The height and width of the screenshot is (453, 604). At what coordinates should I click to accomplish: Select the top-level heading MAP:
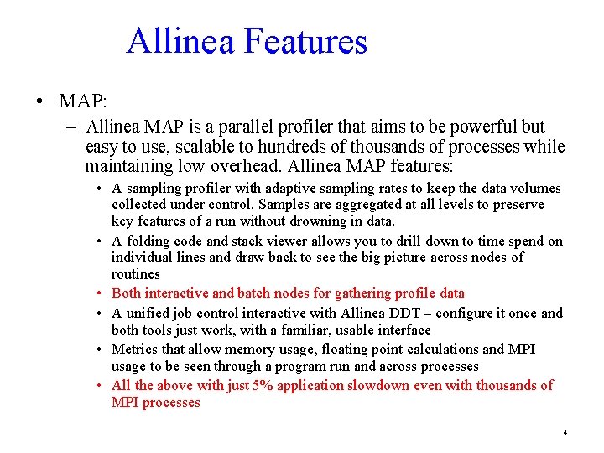tap(83, 102)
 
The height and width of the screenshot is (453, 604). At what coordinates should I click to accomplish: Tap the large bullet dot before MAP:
tap(40, 102)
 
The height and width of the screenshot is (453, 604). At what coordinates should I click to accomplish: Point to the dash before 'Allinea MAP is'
tap(71, 128)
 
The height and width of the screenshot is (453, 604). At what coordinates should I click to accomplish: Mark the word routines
tap(135, 273)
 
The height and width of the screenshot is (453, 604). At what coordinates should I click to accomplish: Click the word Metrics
tap(133, 349)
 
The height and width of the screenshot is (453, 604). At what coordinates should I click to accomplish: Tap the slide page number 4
tap(565, 433)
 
